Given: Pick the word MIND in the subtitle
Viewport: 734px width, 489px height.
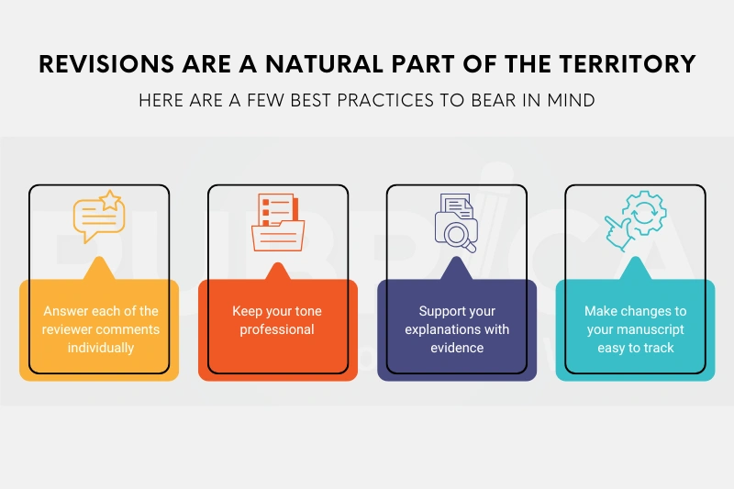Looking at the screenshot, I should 569,100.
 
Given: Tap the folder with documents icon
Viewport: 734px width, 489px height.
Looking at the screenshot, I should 277,221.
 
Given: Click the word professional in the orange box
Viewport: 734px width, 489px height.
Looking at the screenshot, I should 277,329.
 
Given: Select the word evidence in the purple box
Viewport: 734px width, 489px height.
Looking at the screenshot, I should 457,348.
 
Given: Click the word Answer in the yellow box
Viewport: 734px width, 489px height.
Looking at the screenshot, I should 65,311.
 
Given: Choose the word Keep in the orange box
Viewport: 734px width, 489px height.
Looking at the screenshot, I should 248,311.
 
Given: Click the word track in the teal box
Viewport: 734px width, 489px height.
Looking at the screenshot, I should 658,348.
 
